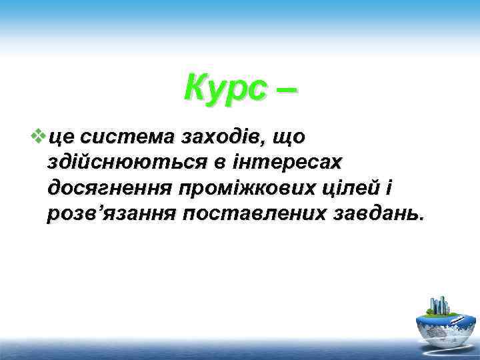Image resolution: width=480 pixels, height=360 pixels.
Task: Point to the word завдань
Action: click(377, 215)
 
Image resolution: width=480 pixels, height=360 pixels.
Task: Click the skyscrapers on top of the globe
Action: click(441, 305)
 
